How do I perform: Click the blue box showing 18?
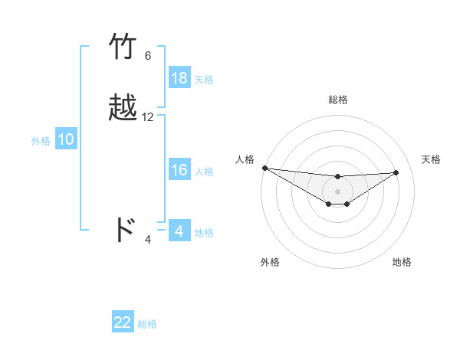pyautogui.click(x=179, y=78)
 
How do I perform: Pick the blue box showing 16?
pyautogui.click(x=179, y=170)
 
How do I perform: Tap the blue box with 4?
pyautogui.click(x=179, y=231)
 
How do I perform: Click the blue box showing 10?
pyautogui.click(x=66, y=139)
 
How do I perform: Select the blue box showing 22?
pyautogui.click(x=123, y=322)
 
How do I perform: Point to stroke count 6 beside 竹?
pyautogui.click(x=148, y=56)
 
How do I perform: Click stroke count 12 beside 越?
pyautogui.click(x=148, y=117)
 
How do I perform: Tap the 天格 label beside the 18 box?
pyautogui.click(x=204, y=79)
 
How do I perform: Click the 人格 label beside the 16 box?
pyautogui.click(x=204, y=171)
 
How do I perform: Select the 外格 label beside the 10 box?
pyautogui.click(x=41, y=140)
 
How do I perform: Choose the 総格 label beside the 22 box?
pyautogui.click(x=147, y=323)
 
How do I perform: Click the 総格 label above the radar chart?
pyautogui.click(x=337, y=100)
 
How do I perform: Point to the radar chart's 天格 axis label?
pyautogui.click(x=431, y=159)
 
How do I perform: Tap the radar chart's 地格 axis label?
pyautogui.click(x=402, y=262)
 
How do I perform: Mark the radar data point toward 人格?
pyautogui.click(x=264, y=168)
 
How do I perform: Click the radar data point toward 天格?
pyautogui.click(x=396, y=172)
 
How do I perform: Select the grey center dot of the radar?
pyautogui.click(x=337, y=191)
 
